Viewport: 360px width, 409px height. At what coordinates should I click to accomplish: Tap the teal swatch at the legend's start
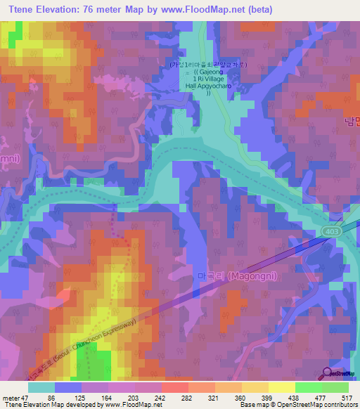pyautogui.click(x=42, y=387)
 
